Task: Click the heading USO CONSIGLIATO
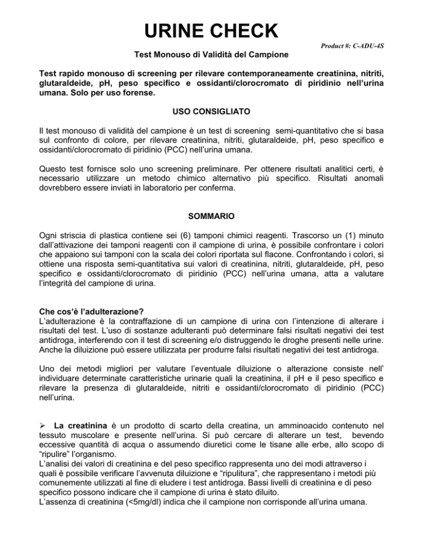click(x=211, y=113)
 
